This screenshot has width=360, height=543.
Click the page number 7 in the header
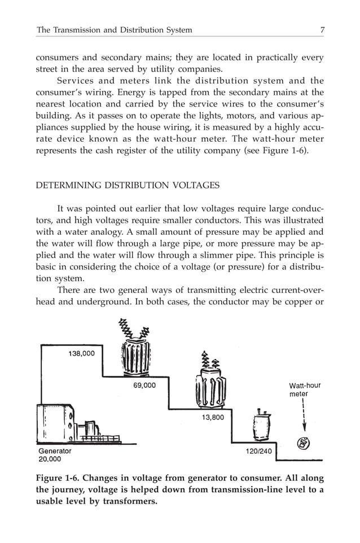click(x=322, y=29)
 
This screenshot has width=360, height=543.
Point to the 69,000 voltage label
click(x=144, y=386)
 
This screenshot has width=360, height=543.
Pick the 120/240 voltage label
click(x=258, y=451)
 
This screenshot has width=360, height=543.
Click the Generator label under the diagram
click(x=55, y=451)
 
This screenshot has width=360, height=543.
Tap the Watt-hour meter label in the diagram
click(x=304, y=389)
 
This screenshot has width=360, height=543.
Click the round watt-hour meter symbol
click(x=302, y=443)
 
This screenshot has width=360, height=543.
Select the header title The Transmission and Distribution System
click(x=114, y=29)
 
